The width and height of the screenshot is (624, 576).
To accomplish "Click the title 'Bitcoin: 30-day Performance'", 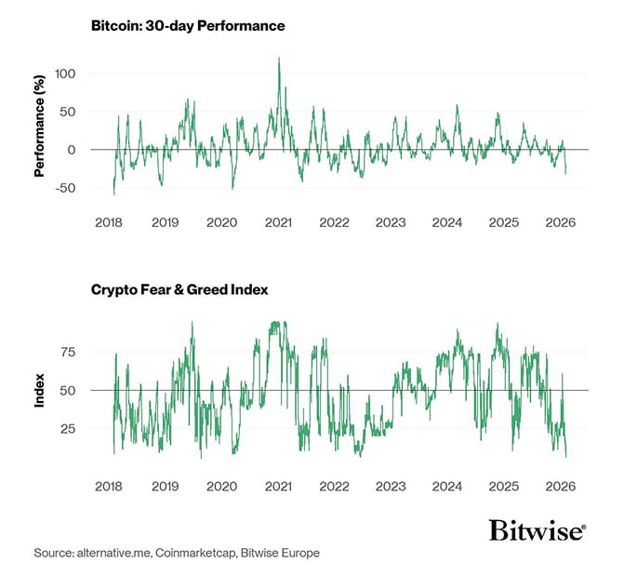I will coord(187,25).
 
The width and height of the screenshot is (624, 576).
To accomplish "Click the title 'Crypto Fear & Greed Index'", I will coord(179,289).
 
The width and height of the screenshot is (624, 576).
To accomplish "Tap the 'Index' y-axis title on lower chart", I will coord(40,390).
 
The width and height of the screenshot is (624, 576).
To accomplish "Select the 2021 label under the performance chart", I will coord(278,223).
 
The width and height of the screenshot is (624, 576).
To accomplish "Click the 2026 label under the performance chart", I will coord(561,223).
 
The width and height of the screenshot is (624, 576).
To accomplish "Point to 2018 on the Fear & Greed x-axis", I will coord(109,487).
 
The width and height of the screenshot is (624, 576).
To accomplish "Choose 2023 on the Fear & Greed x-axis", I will coord(391,487).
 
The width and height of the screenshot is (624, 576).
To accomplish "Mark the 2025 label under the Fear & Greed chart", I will coord(504,487).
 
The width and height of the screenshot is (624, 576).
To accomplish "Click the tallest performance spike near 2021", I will coord(279,60).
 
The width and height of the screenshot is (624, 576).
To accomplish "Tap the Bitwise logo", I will coord(537,531).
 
